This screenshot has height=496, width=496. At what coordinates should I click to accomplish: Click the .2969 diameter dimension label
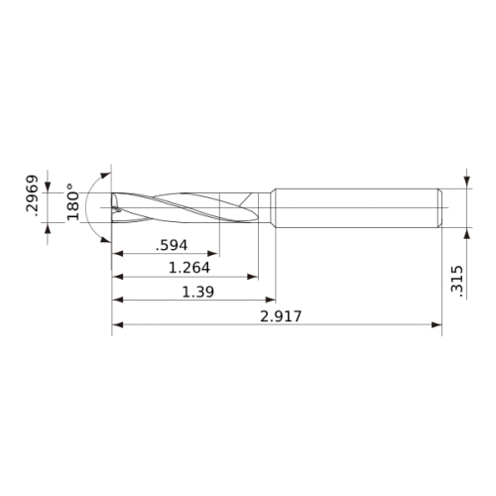[33, 195]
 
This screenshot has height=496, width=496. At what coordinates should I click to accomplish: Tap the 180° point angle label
[72, 202]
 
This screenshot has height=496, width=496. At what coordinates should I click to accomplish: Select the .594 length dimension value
[172, 245]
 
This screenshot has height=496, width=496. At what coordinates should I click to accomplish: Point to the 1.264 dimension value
[189, 268]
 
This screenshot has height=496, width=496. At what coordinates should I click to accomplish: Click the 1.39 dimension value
[198, 292]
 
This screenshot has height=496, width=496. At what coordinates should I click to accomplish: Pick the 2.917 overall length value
[281, 316]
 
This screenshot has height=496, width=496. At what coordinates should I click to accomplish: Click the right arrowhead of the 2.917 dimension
[436, 324]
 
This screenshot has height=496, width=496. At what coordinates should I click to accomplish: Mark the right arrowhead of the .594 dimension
[213, 254]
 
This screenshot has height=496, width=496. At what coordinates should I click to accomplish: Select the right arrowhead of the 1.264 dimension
[253, 277]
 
